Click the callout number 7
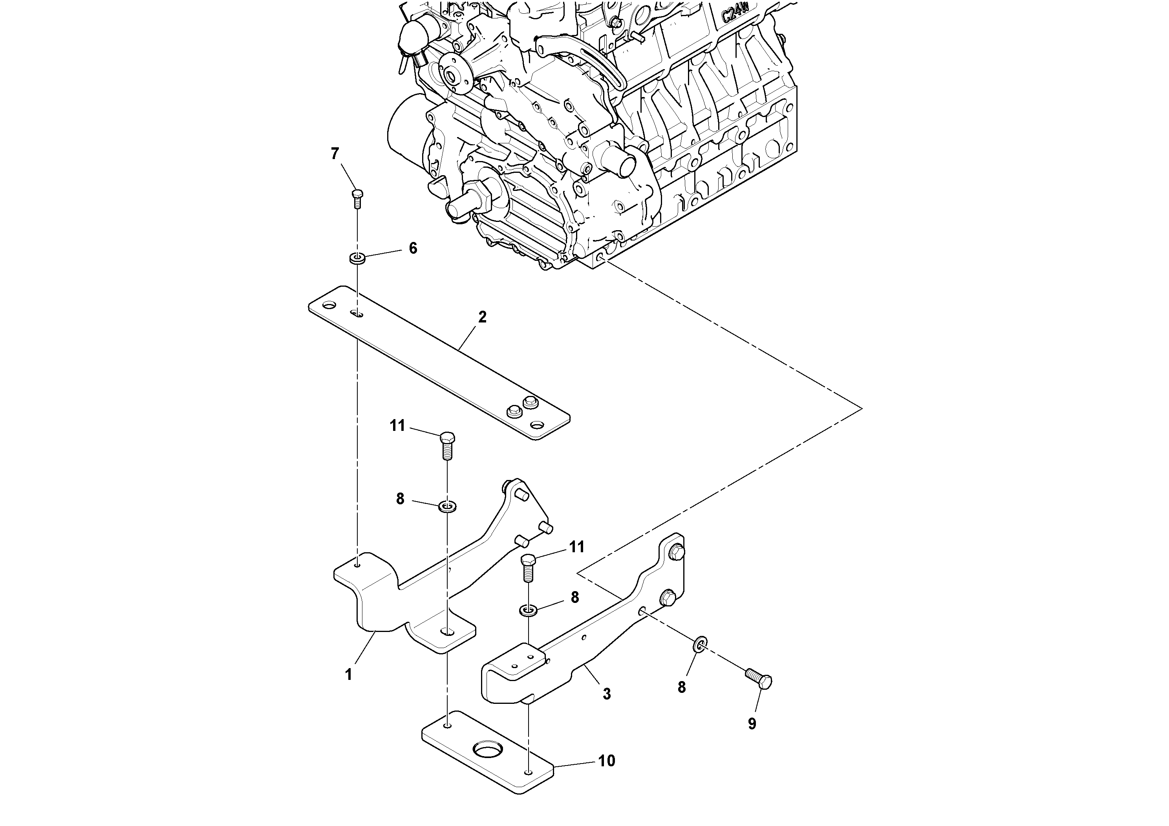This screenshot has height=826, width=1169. pyautogui.click(x=335, y=153)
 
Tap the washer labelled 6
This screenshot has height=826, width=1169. pyautogui.click(x=357, y=258)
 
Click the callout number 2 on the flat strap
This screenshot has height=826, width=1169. pyautogui.click(x=482, y=317)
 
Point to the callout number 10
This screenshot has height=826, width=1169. pyautogui.click(x=606, y=761)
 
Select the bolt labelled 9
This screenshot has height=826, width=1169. pyautogui.click(x=759, y=678)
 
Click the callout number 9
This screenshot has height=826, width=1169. pyautogui.click(x=752, y=723)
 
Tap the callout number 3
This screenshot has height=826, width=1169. pyautogui.click(x=606, y=694)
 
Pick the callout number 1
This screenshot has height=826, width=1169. pyautogui.click(x=348, y=675)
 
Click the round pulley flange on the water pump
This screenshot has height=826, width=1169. pyautogui.click(x=453, y=76)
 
